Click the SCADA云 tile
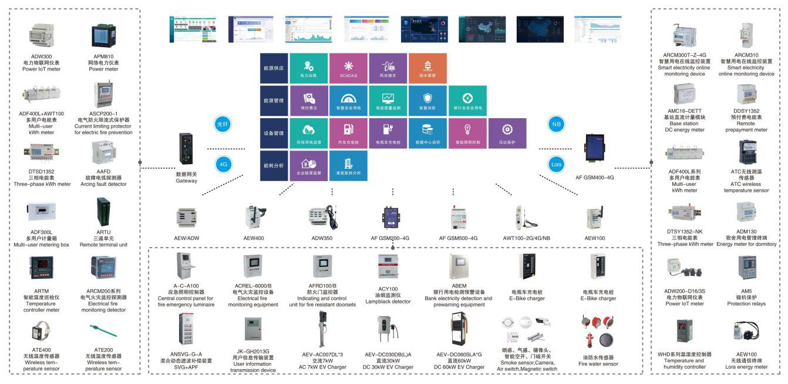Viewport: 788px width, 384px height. (x=348, y=68)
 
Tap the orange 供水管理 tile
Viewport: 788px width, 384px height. (x=427, y=68)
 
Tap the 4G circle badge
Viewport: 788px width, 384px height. (x=223, y=165)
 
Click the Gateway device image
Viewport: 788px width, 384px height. (x=187, y=151)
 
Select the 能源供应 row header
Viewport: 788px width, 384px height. (x=274, y=68)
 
